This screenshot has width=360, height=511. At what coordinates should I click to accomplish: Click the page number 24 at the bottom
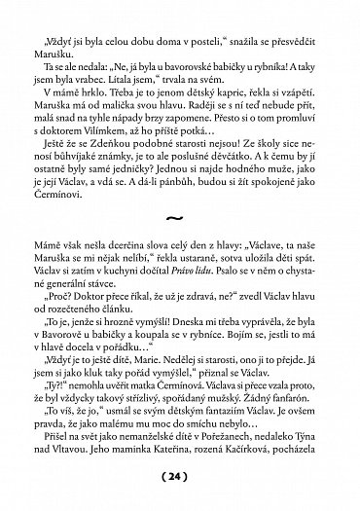pos(179,477)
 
